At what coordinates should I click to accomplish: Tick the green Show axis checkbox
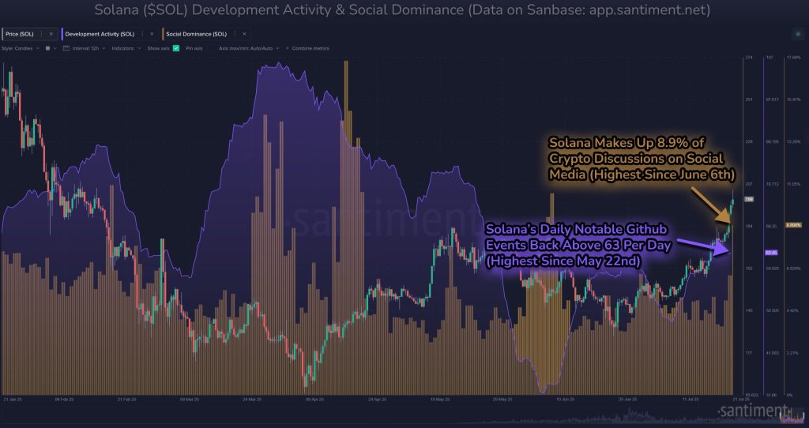tap(176, 48)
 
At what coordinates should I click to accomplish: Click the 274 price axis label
tap(749, 58)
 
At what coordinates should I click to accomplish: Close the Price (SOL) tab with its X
tap(51, 35)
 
